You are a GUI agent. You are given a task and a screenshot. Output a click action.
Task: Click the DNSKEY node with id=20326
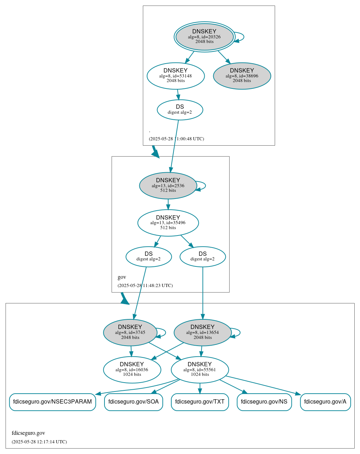pos(204,37)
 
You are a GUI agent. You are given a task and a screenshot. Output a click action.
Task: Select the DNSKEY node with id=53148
pos(176,76)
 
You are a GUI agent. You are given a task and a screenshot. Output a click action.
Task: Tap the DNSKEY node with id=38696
pos(242,76)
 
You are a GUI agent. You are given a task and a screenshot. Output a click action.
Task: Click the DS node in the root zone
pos(180,110)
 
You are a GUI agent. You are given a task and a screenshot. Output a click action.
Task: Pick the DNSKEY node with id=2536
pos(168,185)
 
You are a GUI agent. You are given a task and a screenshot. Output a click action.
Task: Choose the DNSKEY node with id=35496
pos(168,223)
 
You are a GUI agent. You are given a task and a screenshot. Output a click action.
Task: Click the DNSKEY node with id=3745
pos(130,333)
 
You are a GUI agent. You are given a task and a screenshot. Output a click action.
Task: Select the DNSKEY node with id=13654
pos(203,333)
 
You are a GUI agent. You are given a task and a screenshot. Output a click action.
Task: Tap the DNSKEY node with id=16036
pos(132,370)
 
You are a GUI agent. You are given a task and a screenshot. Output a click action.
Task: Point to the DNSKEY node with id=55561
pos(200,370)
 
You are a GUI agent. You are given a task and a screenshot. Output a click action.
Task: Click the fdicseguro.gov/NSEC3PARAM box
pos(52,402)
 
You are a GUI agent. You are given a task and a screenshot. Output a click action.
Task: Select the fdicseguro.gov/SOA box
pos(134,402)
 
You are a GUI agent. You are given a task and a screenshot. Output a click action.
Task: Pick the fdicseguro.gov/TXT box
pos(200,402)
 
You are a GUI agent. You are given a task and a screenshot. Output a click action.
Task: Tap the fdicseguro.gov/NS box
pos(264,402)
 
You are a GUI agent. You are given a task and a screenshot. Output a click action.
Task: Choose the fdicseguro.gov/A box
pos(325,402)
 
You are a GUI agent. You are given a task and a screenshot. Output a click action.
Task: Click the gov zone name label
pos(122,277)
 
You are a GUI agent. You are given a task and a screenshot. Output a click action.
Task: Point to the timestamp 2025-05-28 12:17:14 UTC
pos(39,442)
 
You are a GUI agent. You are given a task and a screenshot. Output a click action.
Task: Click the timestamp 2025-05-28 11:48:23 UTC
pos(145,286)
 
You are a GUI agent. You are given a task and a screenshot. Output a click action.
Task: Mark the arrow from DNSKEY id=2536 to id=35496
pos(168,204)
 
